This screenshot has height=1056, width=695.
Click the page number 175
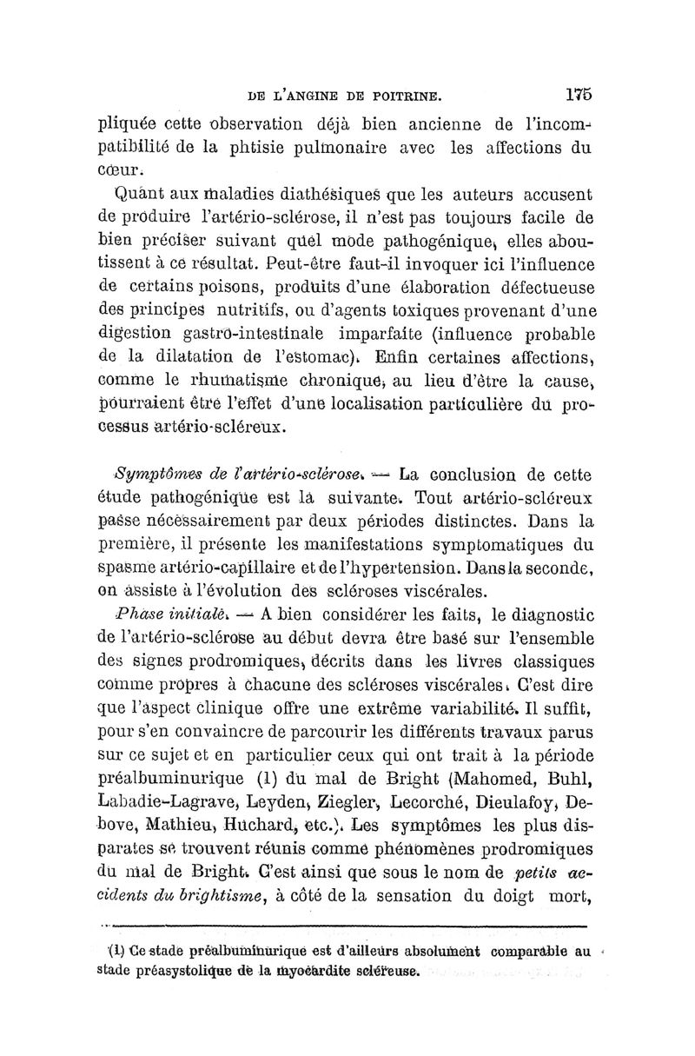[x=577, y=93]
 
